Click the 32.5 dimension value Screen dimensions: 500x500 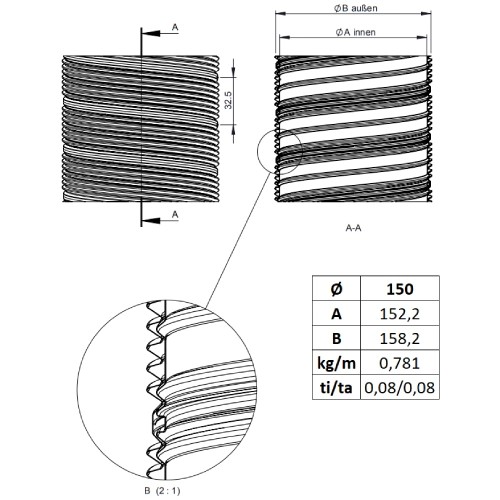(x=228, y=100)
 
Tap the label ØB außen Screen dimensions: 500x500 (x=356, y=8)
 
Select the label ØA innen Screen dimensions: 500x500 (x=356, y=32)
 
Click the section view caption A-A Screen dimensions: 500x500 (x=353, y=228)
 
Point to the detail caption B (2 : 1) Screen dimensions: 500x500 (x=162, y=491)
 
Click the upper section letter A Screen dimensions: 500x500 (x=175, y=27)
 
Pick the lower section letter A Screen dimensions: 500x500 (x=175, y=215)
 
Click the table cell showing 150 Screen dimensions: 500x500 (x=400, y=289)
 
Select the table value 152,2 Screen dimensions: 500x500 (x=400, y=314)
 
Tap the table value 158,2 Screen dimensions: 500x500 (x=400, y=338)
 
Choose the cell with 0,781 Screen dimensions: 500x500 (x=400, y=363)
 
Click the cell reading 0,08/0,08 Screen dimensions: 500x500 (x=400, y=387)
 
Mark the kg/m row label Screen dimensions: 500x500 (x=336, y=363)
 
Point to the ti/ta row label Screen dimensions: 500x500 (x=336, y=388)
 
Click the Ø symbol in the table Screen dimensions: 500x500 (x=336, y=289)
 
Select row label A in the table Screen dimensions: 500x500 (x=337, y=314)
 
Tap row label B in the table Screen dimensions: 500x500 (x=337, y=338)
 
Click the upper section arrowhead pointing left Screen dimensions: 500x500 (x=151, y=33)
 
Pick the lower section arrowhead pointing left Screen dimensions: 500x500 (x=151, y=221)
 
